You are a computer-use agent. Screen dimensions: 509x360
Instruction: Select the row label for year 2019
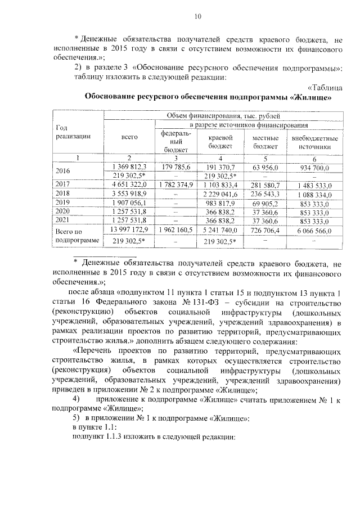[63, 202]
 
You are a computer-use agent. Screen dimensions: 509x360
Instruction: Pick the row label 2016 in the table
[63, 171]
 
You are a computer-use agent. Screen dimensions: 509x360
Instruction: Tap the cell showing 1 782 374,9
[176, 184]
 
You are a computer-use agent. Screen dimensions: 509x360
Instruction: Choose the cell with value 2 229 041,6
[223, 193]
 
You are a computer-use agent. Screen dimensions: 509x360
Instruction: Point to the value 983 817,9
[223, 202]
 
